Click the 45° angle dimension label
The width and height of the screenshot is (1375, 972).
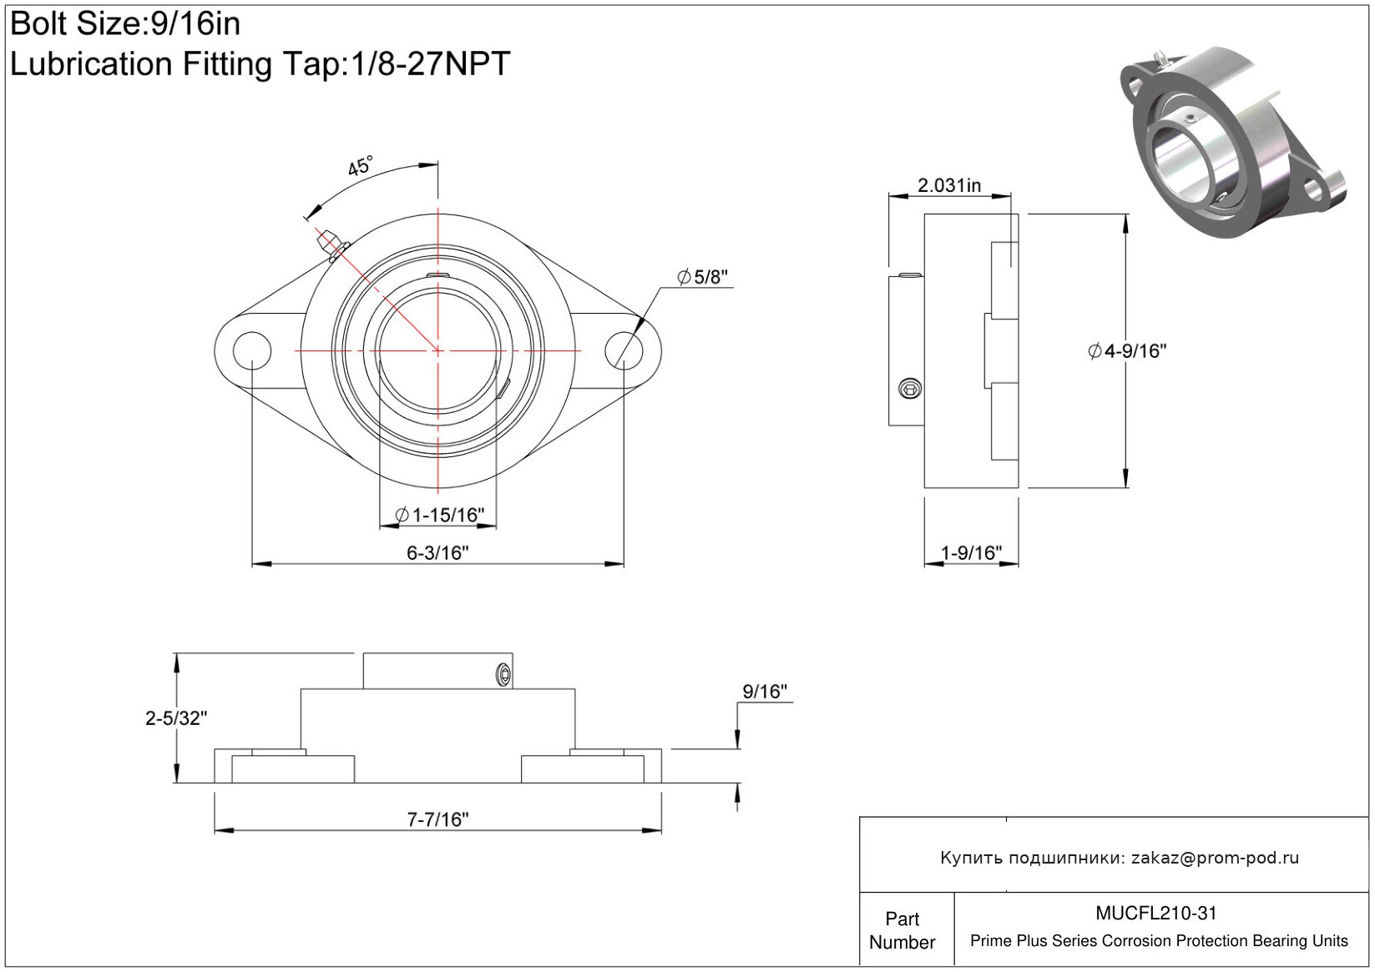point(360,166)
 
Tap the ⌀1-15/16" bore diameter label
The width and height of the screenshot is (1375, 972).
point(439,515)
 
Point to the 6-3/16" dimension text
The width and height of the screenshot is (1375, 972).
point(437,552)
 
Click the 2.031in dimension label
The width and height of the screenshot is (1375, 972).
point(949,185)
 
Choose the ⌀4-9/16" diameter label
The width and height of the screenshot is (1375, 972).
point(1126,351)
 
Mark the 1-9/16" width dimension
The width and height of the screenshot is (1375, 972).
point(971,552)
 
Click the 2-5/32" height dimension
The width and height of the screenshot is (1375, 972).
point(176,718)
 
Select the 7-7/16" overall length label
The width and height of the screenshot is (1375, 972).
point(437,819)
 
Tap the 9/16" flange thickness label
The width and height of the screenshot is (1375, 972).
point(765,692)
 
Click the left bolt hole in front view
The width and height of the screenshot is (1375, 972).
point(252,350)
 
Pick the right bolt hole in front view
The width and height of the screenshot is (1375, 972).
point(624,350)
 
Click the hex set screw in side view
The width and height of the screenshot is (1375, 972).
point(910,388)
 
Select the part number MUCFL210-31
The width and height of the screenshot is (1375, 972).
point(1156,914)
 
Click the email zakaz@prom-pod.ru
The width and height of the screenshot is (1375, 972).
point(1215,858)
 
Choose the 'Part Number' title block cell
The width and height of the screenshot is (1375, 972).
point(902,930)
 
